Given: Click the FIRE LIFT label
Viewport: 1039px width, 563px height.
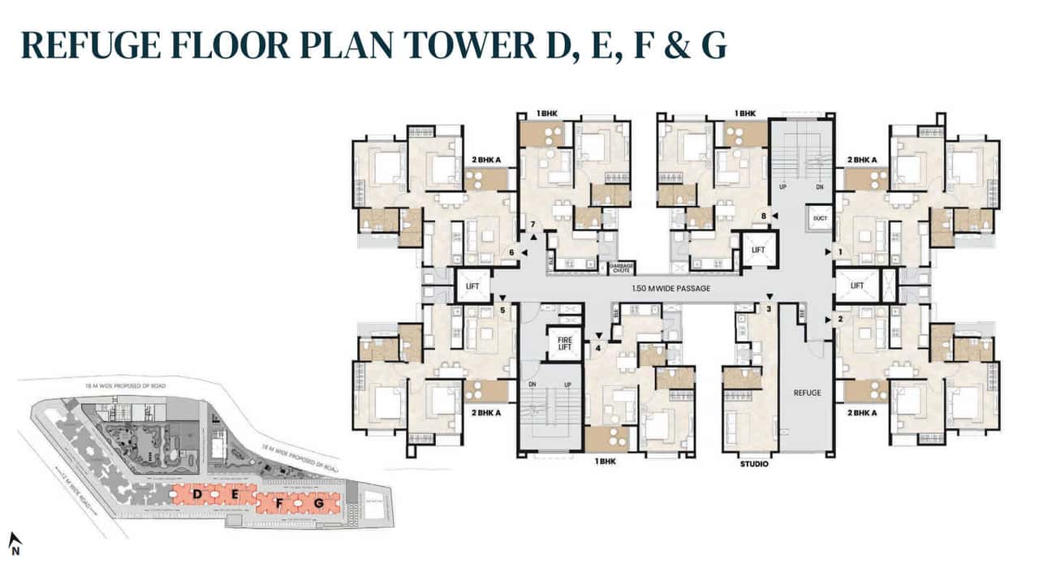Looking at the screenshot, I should coord(564,342).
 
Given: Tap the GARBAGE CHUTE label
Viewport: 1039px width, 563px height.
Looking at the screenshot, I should coord(621,269).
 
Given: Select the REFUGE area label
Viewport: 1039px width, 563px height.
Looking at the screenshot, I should coord(808,393).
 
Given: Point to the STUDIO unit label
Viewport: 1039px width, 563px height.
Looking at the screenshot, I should coord(754,465).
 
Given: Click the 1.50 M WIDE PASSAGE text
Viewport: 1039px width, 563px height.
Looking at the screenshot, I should coord(670,289).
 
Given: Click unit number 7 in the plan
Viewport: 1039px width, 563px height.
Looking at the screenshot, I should coord(533,225).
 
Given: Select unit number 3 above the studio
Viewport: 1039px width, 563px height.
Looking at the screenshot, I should coord(769,309).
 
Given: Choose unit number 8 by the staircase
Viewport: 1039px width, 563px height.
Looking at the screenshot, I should coord(763,216).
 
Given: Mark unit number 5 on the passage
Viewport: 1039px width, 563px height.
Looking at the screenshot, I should coord(503,309).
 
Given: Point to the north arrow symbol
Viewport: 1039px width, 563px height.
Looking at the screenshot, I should coord(15,543).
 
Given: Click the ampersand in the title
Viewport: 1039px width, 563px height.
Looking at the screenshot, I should coord(670,45).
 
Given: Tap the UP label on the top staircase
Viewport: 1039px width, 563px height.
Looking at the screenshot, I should coord(784,186).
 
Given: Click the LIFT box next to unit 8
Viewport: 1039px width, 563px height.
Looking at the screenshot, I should coord(758,251).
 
